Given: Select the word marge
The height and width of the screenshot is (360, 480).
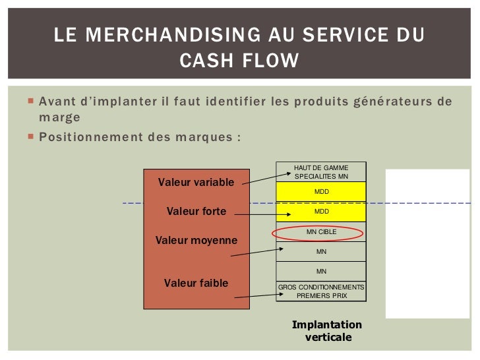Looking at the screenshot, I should (59, 117).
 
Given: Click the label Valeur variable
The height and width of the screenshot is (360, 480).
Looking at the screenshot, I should (196, 182).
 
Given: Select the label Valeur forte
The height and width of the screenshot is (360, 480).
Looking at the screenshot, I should (196, 212).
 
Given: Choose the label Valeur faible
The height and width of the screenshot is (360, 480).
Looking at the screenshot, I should (196, 283).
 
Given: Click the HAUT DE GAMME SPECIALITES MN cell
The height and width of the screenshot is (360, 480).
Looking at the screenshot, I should (320, 172).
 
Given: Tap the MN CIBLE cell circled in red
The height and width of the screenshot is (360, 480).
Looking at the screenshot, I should (321, 232).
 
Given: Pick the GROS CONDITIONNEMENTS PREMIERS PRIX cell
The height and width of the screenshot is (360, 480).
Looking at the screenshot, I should (320, 291).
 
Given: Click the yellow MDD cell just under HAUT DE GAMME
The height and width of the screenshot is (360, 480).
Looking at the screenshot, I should (321, 192).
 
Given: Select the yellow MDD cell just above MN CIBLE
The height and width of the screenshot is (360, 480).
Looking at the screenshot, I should (321, 212).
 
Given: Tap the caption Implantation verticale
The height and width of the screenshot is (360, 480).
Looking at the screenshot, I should (327, 331).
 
